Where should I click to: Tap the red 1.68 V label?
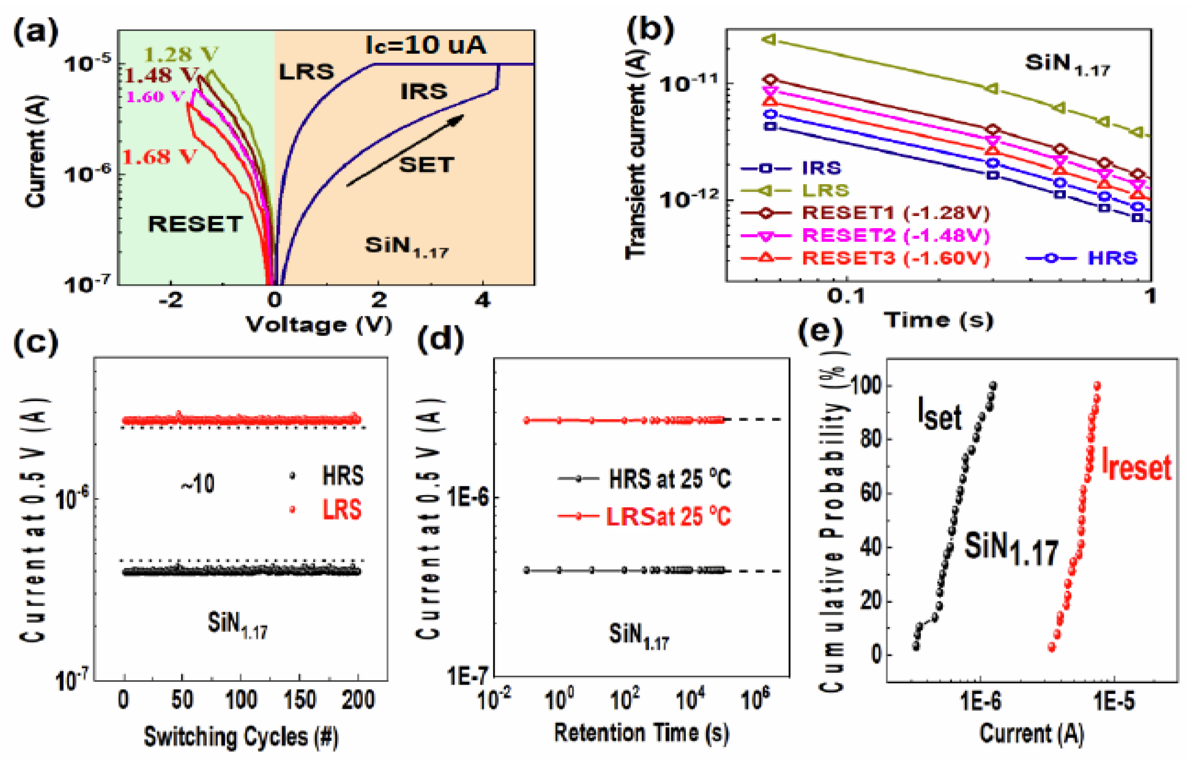[x=159, y=157]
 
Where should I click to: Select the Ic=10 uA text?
[x=426, y=45]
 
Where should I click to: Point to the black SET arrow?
[x=405, y=150]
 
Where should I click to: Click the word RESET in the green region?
[x=195, y=224]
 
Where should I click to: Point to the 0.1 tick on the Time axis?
[x=846, y=296]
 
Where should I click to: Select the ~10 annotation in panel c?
[x=197, y=484]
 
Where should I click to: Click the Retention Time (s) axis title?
[x=641, y=733]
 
